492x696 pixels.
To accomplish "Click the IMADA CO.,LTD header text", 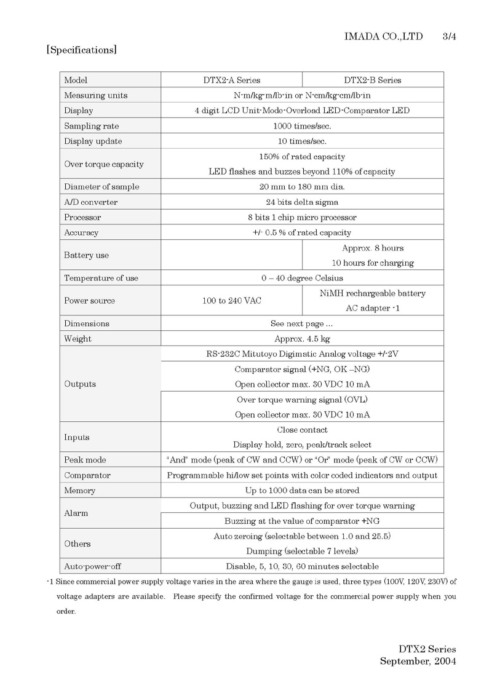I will [x=384, y=37].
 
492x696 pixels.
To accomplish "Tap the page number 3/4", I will [x=449, y=37].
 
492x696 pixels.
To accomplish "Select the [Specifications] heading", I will [x=82, y=50].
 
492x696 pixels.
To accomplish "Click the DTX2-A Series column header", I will [x=231, y=80].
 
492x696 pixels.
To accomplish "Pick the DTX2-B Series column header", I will [x=372, y=80].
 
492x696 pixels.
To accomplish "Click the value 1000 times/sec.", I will [x=302, y=126].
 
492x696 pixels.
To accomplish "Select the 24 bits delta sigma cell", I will [x=302, y=202].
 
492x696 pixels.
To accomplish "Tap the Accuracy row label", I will [x=81, y=232].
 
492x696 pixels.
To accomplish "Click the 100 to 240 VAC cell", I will [x=231, y=301].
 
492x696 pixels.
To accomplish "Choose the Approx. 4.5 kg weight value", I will [x=302, y=339].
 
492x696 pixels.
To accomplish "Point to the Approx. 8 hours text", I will [x=373, y=248].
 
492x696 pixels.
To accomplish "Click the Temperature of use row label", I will [x=101, y=278].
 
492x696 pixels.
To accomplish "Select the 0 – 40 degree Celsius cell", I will [x=302, y=278].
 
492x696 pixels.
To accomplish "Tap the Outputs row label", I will [x=80, y=384].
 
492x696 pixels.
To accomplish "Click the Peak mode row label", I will [x=85, y=460].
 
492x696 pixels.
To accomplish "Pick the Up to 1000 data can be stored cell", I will [x=302, y=491].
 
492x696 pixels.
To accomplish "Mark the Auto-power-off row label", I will [x=93, y=566].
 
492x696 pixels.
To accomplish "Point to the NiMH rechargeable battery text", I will [x=373, y=293].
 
